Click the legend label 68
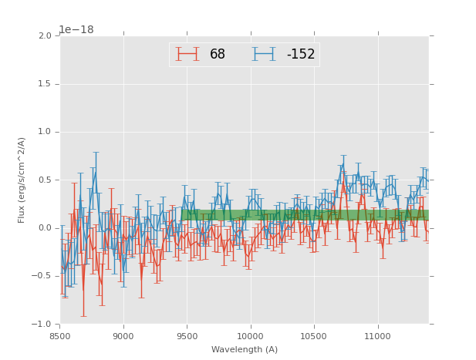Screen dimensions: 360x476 click(x=218, y=54)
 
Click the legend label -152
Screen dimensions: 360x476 click(x=301, y=54)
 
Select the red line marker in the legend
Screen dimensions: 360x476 click(x=187, y=54)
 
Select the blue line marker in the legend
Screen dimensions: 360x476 click(x=264, y=54)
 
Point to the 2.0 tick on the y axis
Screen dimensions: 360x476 click(x=45, y=36)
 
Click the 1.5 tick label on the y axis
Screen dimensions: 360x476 click(x=45, y=84)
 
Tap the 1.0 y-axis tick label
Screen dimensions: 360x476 click(x=45, y=132)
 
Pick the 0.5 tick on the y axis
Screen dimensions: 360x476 click(x=45, y=180)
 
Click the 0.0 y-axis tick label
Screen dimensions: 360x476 click(x=45, y=228)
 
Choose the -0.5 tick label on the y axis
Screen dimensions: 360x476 click(x=43, y=276)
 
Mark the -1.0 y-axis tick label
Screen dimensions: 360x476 click(x=43, y=325)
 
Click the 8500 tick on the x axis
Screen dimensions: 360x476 click(x=59, y=335)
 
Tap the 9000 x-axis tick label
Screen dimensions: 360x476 click(x=123, y=335)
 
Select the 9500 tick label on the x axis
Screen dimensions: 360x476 click(x=187, y=335)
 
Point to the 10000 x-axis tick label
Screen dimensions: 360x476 click(x=250, y=335)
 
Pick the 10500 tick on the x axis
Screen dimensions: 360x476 click(x=314, y=335)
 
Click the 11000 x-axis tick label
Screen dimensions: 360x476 click(x=377, y=335)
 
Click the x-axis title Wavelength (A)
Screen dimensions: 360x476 click(x=245, y=349)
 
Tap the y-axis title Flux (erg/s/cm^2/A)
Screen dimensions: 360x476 click(x=22, y=180)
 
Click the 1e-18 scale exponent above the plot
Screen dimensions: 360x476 click(x=76, y=29)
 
